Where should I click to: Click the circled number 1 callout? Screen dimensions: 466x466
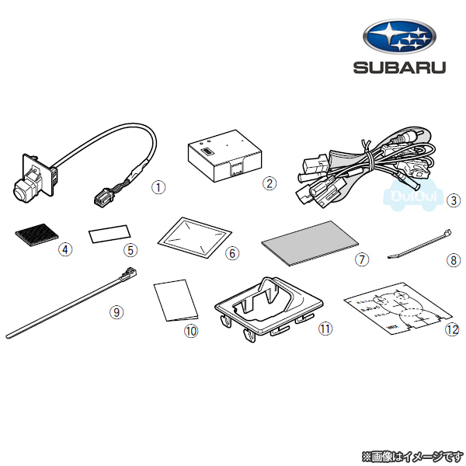(x=158, y=186)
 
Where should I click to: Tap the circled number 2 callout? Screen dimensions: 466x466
(x=270, y=183)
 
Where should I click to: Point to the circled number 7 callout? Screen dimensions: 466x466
(x=362, y=259)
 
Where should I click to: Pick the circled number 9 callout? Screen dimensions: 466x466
(x=116, y=312)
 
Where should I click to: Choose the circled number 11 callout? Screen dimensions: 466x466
(x=325, y=329)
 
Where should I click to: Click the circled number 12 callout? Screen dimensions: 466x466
(x=453, y=329)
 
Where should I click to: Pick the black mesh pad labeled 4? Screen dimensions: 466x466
(x=34, y=233)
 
